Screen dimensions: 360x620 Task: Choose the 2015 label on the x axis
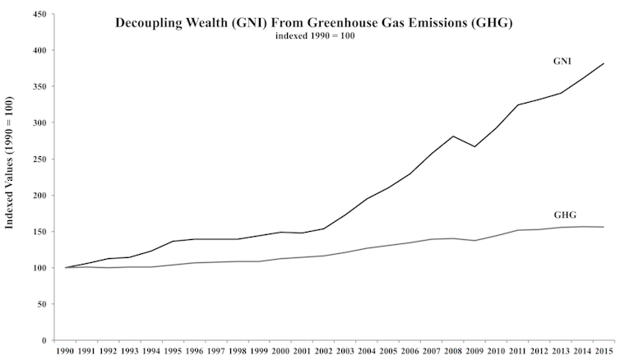[607, 352]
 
